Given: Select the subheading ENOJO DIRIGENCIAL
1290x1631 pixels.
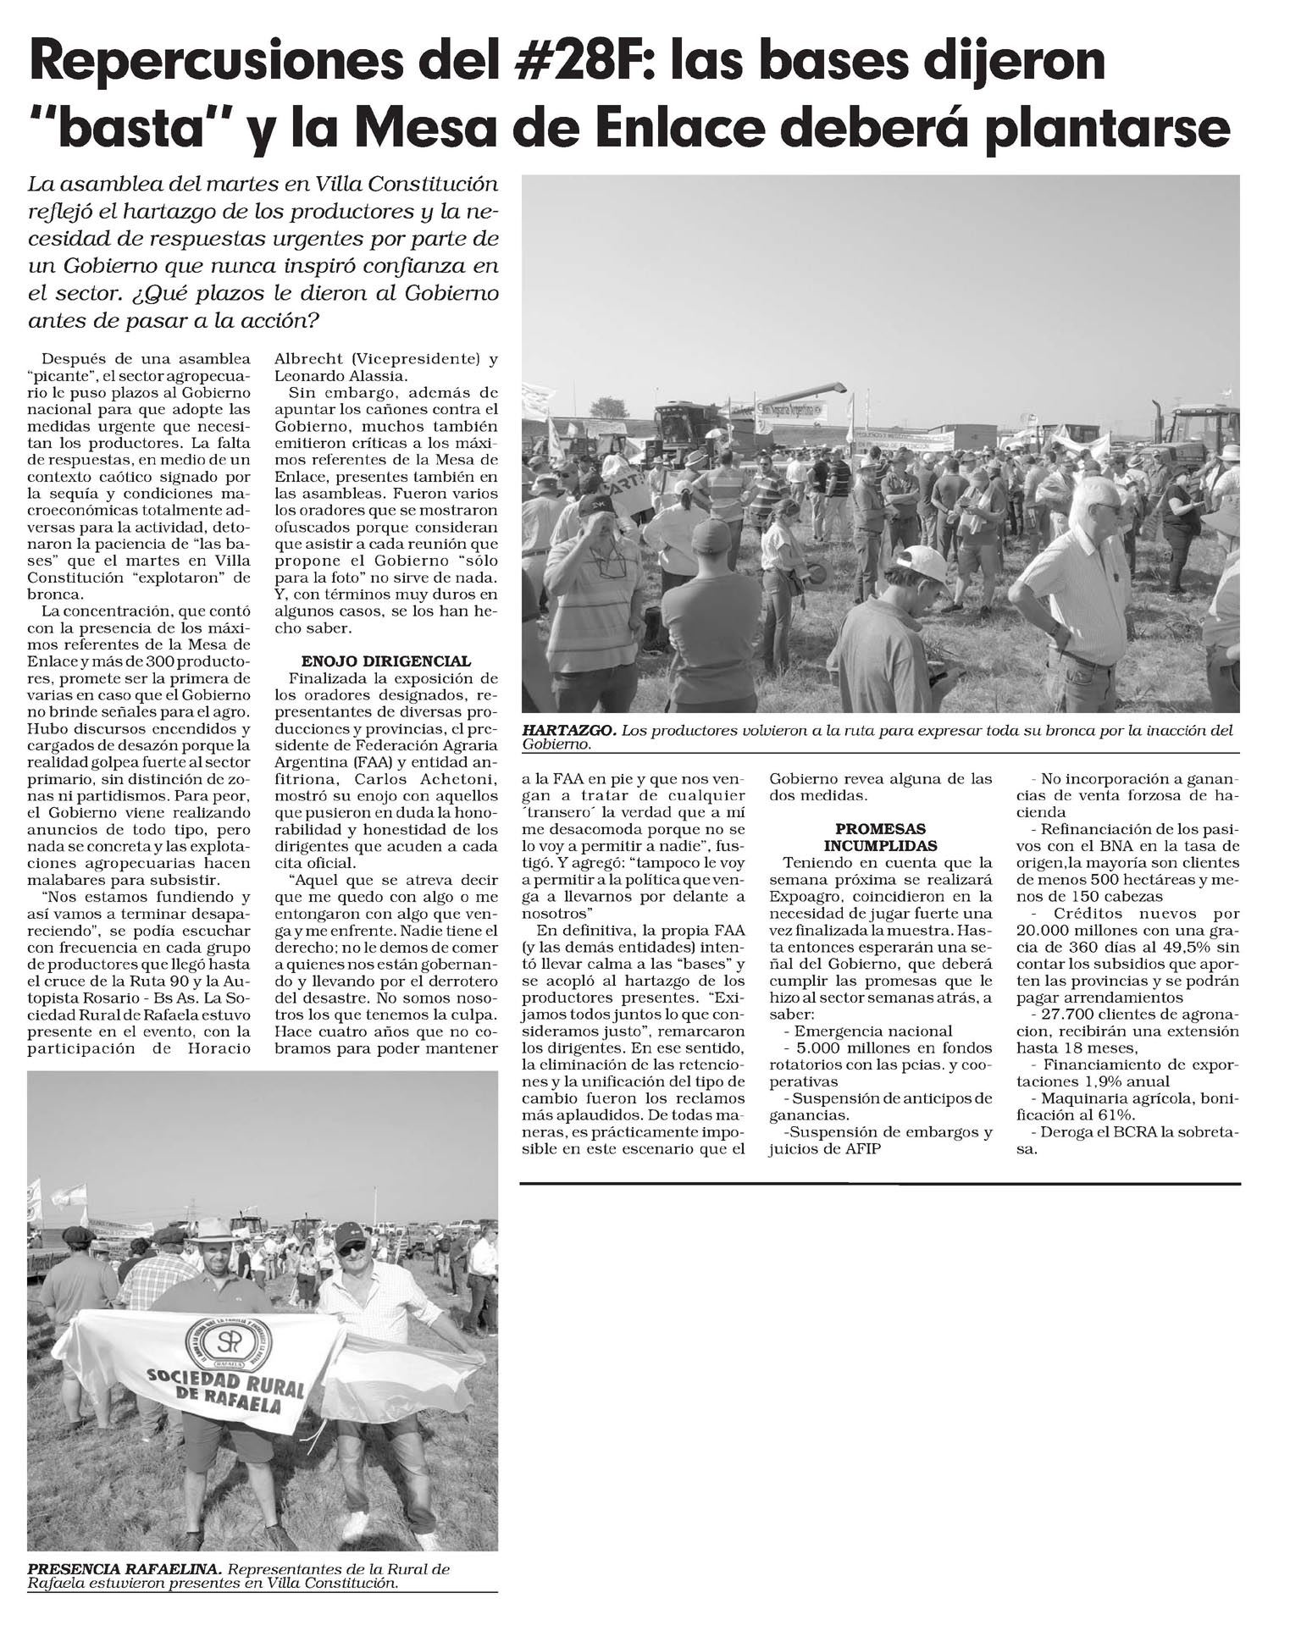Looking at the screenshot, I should pyautogui.click(x=385, y=661).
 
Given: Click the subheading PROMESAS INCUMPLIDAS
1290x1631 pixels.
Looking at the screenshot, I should pyautogui.click(x=880, y=837).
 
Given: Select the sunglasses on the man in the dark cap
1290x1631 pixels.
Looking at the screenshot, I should pyautogui.click(x=352, y=1247).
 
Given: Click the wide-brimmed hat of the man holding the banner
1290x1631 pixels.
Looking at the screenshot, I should pyautogui.click(x=211, y=1229).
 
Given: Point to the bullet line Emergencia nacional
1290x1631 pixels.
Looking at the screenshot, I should pyautogui.click(x=872, y=1031).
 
